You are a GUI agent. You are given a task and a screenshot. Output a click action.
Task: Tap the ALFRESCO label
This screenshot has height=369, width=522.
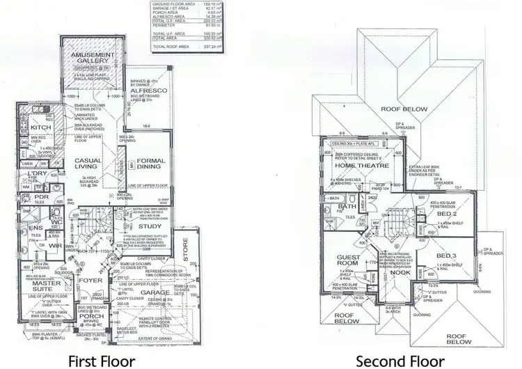[147, 92]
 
